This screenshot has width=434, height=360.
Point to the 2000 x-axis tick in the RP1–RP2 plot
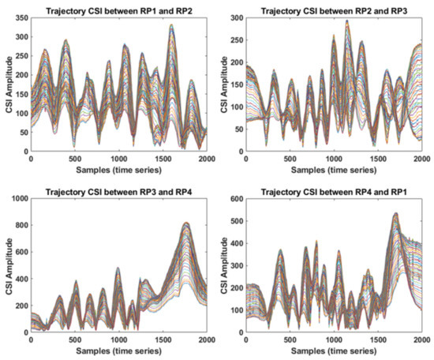pos(205,159)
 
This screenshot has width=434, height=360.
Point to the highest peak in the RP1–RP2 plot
pos(171,26)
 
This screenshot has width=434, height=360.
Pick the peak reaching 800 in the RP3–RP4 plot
pos(186,224)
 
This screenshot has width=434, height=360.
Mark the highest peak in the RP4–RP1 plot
pos(395,214)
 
